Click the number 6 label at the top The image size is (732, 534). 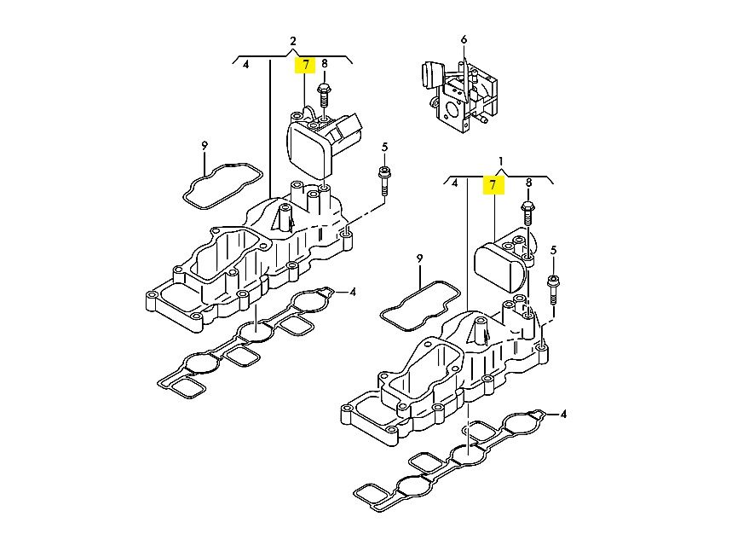click(464, 40)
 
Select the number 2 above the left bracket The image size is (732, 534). click(293, 41)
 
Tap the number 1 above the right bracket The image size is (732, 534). click(501, 161)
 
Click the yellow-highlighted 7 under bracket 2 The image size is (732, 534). click(306, 65)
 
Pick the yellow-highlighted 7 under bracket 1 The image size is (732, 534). click(493, 185)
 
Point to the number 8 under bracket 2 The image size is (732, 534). click(325, 63)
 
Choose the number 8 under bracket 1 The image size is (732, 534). click(528, 183)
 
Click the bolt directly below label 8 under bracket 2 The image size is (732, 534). click(323, 96)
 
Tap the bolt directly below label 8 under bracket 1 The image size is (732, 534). click(527, 213)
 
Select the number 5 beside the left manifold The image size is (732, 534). click(384, 148)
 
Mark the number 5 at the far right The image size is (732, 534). click(554, 251)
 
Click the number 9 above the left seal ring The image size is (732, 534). click(205, 146)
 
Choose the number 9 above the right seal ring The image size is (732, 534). click(420, 258)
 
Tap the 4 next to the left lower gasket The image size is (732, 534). click(353, 292)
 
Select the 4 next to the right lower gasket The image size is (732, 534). click(563, 414)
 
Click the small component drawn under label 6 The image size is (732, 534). click(459, 96)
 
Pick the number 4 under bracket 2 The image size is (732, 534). click(246, 64)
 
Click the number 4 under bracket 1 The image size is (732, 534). click(455, 183)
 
